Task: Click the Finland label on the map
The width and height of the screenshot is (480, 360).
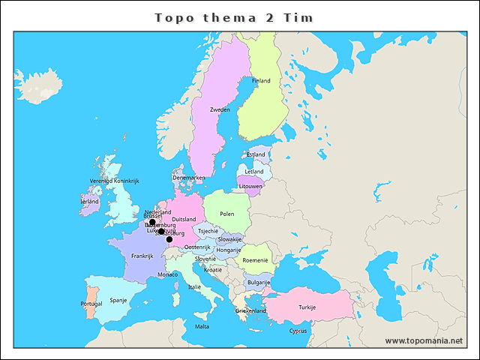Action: [261, 80]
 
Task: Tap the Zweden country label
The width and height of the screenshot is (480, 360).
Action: [220, 109]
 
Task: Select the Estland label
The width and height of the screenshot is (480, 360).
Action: [256, 154]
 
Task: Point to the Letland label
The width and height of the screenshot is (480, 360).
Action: [254, 171]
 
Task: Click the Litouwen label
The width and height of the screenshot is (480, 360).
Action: [250, 185]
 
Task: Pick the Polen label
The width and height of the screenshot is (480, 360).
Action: [227, 214]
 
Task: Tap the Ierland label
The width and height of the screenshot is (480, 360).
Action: [89, 201]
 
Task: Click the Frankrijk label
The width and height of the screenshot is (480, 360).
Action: [142, 256]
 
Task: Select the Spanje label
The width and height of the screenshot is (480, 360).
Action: [118, 300]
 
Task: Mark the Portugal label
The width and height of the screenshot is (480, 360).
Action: [91, 304]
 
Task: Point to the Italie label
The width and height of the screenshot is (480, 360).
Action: [194, 286]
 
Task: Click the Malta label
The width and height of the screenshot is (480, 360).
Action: [202, 326]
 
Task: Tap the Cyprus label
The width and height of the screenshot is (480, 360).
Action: [298, 331]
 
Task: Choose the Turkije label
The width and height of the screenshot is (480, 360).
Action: [307, 307]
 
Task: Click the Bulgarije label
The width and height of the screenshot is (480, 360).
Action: [259, 283]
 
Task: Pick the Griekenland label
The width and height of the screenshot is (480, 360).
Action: [250, 310]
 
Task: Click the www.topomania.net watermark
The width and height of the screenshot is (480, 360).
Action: [424, 340]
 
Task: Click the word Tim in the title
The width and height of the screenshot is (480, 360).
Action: [298, 17]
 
